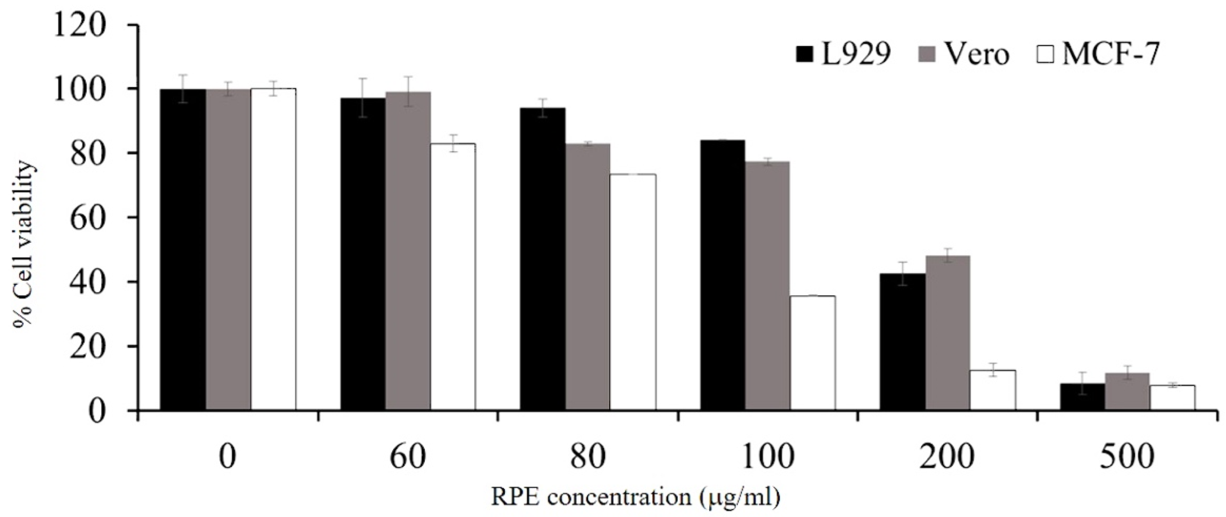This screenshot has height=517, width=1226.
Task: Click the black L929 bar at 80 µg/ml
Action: coord(543,259)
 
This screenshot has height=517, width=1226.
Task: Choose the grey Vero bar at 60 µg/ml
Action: coord(408,251)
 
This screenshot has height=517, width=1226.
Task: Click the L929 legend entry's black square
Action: coord(805,55)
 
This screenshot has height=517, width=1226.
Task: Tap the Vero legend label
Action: coord(976,55)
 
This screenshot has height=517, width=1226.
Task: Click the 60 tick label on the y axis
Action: coord(88,218)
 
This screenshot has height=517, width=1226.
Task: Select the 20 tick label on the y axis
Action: coord(88,346)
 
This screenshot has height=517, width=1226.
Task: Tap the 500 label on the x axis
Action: coord(1127,457)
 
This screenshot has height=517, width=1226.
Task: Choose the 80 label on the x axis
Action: coord(588,457)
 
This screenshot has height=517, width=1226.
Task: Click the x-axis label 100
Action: coord(767,457)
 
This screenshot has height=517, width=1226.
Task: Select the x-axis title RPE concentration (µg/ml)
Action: coord(636,497)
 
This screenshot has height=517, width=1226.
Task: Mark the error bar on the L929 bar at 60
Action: coord(363,97)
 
